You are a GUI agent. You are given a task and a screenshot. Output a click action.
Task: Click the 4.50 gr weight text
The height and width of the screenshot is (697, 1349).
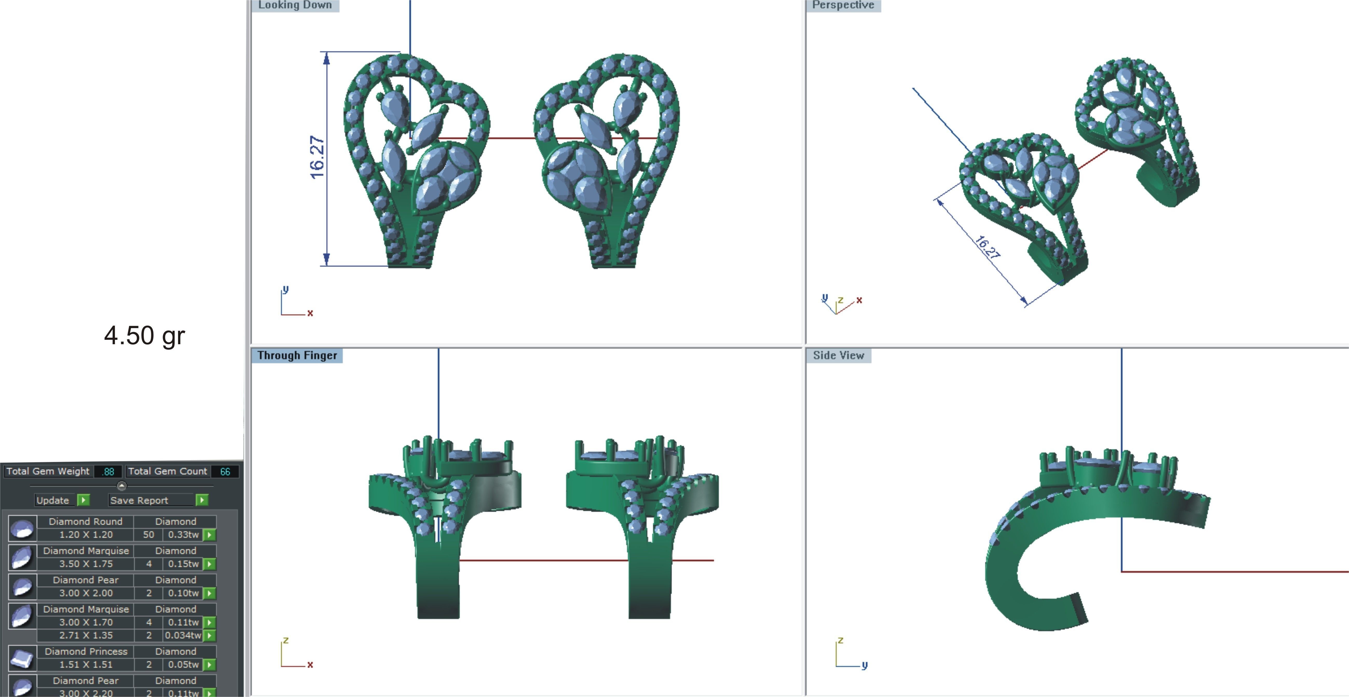point(145,336)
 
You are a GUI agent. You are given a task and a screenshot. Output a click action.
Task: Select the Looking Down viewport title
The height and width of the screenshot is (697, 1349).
point(295,5)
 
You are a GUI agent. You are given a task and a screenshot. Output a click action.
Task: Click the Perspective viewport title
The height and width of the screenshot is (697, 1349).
point(843,5)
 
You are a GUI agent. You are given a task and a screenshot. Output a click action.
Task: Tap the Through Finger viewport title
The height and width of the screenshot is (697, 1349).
point(297,356)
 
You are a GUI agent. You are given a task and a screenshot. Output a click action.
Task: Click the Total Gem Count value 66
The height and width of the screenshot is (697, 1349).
point(225,471)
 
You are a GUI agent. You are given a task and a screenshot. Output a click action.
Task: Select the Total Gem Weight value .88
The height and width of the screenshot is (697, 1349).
point(108,471)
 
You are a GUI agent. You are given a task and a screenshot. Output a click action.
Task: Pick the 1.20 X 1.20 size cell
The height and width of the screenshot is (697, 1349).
point(86,535)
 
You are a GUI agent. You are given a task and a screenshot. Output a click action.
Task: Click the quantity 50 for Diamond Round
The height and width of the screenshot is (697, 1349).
point(149,535)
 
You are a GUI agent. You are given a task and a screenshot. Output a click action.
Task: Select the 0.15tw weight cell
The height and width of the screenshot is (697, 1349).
point(183,564)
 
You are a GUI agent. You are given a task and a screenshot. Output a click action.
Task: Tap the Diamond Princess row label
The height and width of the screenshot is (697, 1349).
point(86,651)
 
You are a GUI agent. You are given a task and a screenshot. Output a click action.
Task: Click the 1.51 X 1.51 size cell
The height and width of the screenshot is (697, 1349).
point(86,665)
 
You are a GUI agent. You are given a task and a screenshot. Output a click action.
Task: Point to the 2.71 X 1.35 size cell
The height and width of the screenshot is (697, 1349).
point(86,635)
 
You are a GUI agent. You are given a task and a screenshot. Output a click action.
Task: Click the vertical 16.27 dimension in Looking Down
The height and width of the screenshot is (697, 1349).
point(317,157)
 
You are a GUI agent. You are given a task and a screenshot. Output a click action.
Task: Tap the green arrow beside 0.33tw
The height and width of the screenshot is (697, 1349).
point(209,535)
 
